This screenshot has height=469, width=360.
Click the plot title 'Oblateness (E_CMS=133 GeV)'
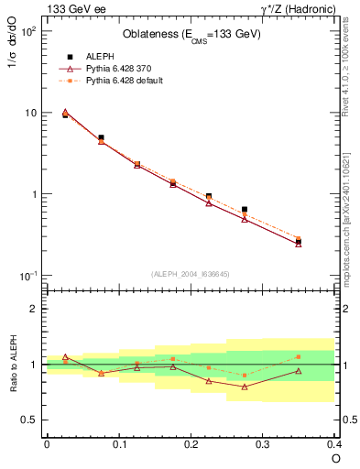click(x=191, y=35)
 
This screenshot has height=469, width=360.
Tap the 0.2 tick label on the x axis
click(x=191, y=443)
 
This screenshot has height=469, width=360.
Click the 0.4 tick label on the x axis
click(x=334, y=443)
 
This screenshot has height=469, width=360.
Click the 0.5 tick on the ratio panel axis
click(x=32, y=420)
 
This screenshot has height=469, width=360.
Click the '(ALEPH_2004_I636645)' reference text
click(x=191, y=273)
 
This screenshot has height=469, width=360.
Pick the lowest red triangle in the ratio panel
click(x=245, y=387)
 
